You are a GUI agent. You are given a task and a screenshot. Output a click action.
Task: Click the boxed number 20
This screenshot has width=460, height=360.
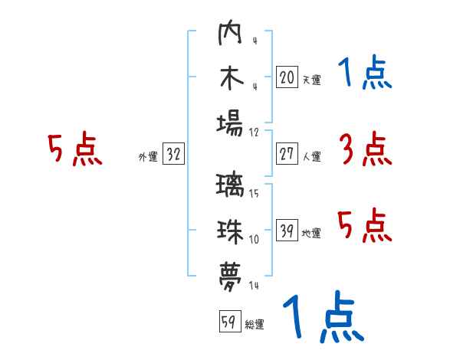(287, 77)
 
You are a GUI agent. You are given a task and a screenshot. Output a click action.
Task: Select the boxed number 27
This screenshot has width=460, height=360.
(287, 154)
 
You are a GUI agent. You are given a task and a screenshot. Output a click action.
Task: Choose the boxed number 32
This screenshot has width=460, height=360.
(173, 154)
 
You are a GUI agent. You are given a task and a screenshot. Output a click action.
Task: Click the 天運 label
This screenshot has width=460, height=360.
(311, 80)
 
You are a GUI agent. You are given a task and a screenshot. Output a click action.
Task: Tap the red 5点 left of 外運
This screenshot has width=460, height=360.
(74, 149)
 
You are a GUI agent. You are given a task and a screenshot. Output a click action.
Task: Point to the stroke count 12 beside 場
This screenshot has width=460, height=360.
(254, 131)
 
